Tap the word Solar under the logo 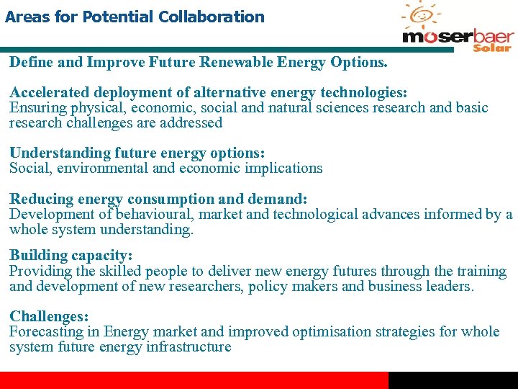tap(492, 48)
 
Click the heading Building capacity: tap(71, 256)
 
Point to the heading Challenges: tap(49, 316)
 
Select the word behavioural tap(154, 214)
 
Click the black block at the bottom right tap(453, 380)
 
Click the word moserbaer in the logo tap(458, 37)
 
